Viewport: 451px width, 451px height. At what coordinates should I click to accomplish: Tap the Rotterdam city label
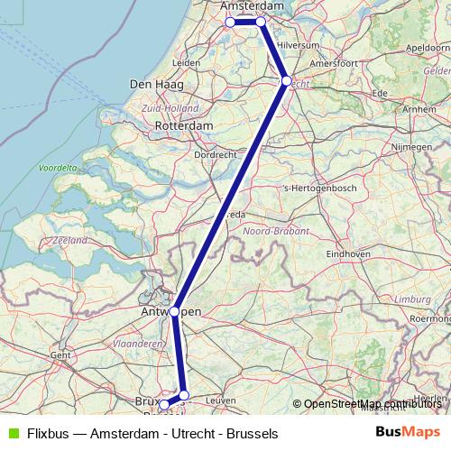183,125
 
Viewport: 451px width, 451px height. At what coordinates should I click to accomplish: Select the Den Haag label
157,84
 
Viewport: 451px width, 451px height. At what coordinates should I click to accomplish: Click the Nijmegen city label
390,144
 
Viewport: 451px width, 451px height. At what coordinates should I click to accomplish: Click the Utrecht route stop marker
287,81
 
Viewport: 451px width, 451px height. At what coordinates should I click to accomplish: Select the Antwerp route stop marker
175,310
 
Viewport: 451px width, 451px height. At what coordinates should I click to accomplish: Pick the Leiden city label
185,62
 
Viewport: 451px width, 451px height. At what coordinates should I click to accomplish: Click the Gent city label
60,354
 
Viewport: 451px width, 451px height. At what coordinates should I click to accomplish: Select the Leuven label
221,399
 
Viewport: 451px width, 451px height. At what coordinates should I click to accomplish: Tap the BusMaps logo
405,433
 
